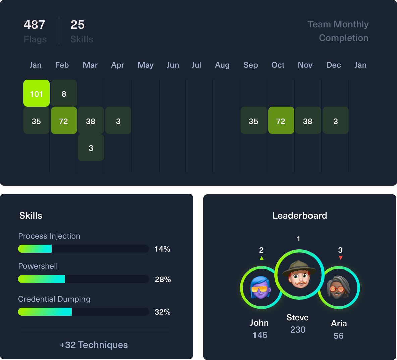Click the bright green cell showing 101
pyautogui.click(x=37, y=93)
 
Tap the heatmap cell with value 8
pyautogui.click(x=64, y=93)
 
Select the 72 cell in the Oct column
pyautogui.click(x=281, y=121)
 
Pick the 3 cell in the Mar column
pyautogui.click(x=91, y=148)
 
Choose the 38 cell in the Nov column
pyautogui.click(x=308, y=121)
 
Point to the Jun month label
pyautogui.click(x=173, y=65)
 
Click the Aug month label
pyautogui.click(x=222, y=65)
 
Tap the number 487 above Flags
pyautogui.click(x=34, y=25)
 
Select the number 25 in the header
pyautogui.click(x=77, y=25)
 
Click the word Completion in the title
pyautogui.click(x=343, y=38)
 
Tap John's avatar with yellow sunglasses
pyautogui.click(x=261, y=288)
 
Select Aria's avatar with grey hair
pyautogui.click(x=339, y=288)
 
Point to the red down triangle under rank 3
pyautogui.click(x=341, y=258)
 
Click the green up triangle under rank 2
pyautogui.click(x=262, y=258)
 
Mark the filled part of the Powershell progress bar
pyautogui.click(x=42, y=279)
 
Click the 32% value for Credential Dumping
pyautogui.click(x=163, y=312)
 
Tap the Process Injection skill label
pyautogui.click(x=49, y=236)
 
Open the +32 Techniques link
pyautogui.click(x=94, y=345)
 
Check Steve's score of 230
pyautogui.click(x=298, y=330)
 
